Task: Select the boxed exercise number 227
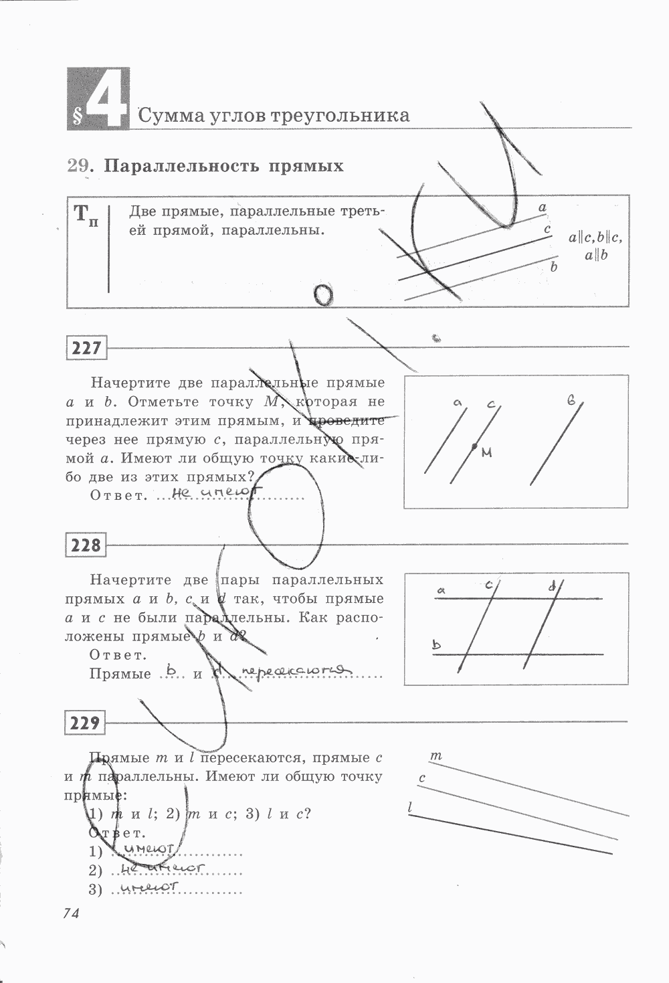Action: tap(87, 348)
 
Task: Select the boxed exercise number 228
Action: tap(87, 545)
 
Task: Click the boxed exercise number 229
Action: tap(86, 723)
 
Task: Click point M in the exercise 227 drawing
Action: tap(474, 446)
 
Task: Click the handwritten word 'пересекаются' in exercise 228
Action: tap(296, 671)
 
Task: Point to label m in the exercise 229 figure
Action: tap(436, 756)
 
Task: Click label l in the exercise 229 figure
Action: tap(410, 808)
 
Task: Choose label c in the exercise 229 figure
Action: tap(422, 778)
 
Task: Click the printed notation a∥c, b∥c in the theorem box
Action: tap(595, 238)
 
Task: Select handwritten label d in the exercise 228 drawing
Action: tap(552, 587)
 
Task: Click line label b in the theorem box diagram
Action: tap(553, 267)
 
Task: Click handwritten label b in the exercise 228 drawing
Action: tap(437, 645)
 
